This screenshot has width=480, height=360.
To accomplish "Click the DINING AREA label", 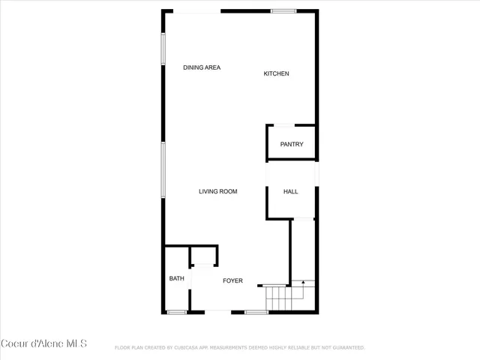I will [202, 68].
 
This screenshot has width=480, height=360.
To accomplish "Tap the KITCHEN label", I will [276, 73].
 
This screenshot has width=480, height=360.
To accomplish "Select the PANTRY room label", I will [292, 144].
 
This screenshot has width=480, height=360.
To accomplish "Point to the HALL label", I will [290, 192].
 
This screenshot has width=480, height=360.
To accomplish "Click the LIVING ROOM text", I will [217, 192].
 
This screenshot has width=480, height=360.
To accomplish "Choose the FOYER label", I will [232, 281].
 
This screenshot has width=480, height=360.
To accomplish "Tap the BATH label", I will [176, 279].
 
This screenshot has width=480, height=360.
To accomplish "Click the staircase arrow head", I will [302, 282].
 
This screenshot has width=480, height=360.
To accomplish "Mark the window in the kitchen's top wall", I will [283, 10].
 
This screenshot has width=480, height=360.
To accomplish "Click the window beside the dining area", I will [162, 55].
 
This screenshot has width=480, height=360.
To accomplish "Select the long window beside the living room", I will [162, 170].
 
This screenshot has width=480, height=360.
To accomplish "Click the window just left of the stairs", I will [256, 311].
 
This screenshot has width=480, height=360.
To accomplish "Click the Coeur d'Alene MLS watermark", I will [44, 343].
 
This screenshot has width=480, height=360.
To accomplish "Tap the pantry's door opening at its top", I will [285, 124].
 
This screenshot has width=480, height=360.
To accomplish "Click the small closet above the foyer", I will [203, 256].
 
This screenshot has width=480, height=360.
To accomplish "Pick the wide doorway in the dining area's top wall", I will [197, 10].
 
